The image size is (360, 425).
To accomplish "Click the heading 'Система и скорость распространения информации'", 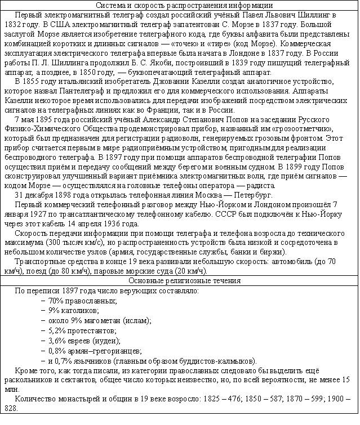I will (x=179, y=5).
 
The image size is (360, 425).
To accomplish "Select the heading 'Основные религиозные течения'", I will (x=179, y=280).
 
